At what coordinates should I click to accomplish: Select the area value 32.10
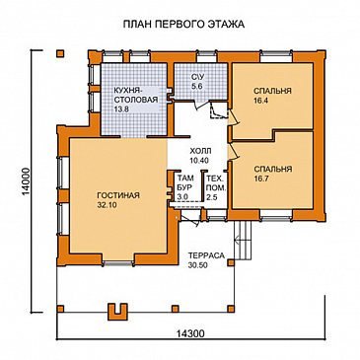[x=119, y=207]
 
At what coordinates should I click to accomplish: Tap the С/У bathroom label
[x=195, y=77]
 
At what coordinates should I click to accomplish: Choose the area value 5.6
[x=195, y=87]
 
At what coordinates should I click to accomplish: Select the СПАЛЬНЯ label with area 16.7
[x=272, y=169]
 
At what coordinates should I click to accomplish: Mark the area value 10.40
[x=198, y=160]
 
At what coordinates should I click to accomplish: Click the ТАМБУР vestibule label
[x=182, y=183]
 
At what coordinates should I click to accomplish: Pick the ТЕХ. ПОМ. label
[x=212, y=183]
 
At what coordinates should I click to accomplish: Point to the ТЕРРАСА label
[x=206, y=254]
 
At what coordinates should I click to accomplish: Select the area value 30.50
[x=206, y=264]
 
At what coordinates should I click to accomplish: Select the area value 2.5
[x=212, y=198]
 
